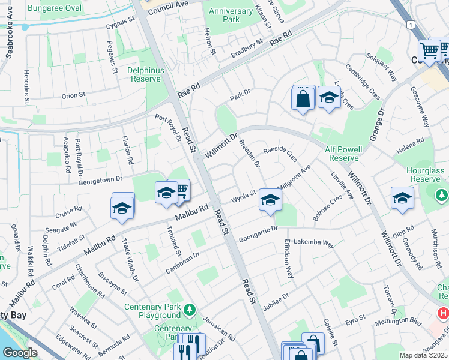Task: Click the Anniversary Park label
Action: point(231,15)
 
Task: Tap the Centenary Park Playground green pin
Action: point(190,310)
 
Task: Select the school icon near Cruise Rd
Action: point(122,208)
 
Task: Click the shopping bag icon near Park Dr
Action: point(304,98)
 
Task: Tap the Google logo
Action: point(19,353)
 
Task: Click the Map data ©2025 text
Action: point(423,355)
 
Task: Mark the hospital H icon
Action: point(443,313)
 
